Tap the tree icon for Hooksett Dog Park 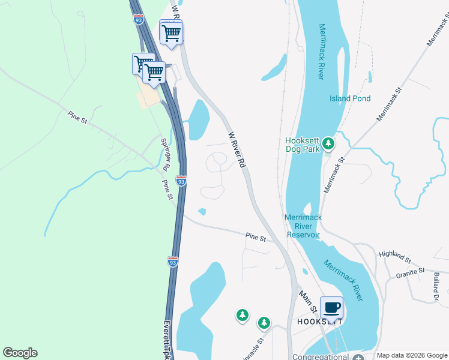[328, 143]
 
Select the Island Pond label [350, 98]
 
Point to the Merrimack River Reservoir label [303, 226]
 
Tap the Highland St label [395, 256]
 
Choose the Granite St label [411, 274]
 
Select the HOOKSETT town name [319, 321]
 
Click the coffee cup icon [331, 308]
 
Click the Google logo [20, 353]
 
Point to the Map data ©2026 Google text [411, 355]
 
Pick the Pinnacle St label [253, 347]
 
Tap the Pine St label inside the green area [78, 116]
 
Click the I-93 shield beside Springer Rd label [181, 180]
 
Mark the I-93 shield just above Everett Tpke [172, 261]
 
